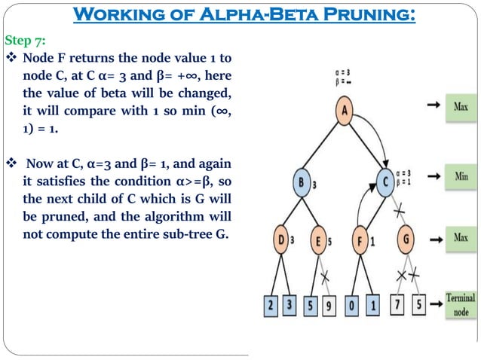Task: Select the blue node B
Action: click(303, 183)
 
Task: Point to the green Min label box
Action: click(461, 175)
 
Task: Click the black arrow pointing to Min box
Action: click(434, 175)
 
